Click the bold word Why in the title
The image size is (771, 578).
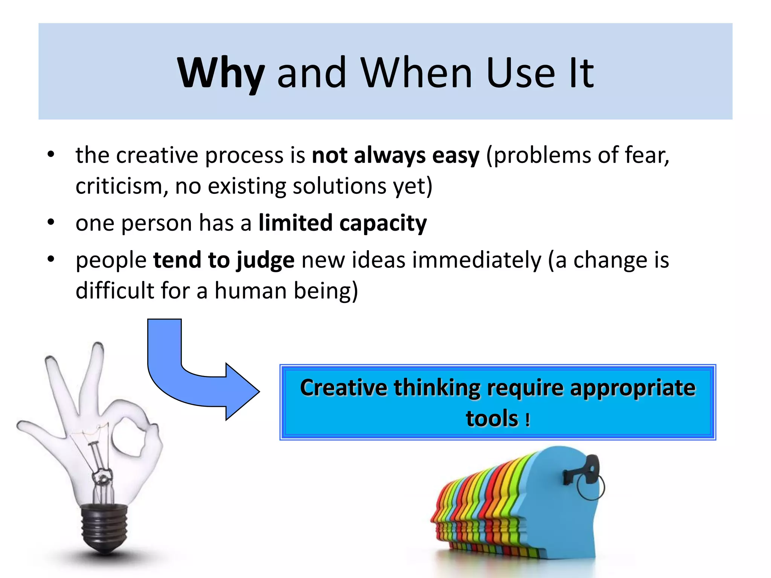coord(221,73)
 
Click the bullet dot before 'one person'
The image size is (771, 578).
coord(51,222)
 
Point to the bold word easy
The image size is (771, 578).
coord(456,155)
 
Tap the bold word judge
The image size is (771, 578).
coord(265,260)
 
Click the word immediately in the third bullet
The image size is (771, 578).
coord(476,260)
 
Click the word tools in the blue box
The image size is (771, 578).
coord(492,418)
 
